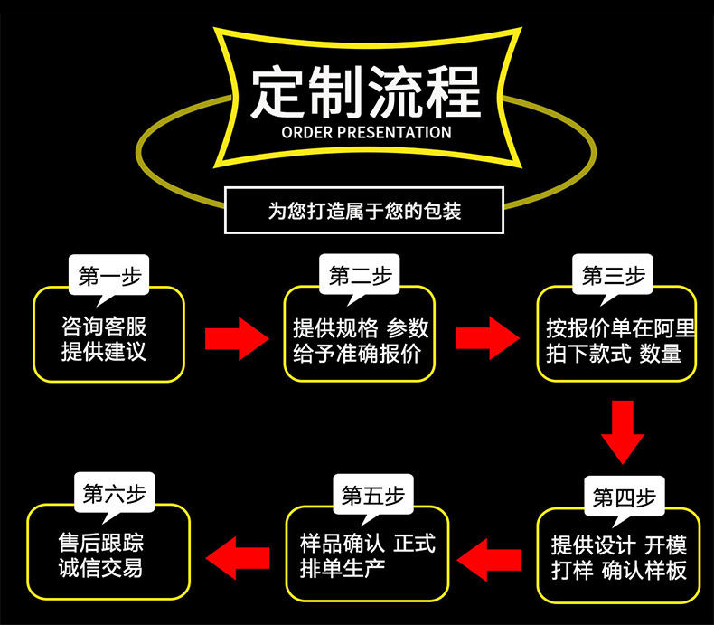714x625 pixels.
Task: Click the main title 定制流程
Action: pos(366,90)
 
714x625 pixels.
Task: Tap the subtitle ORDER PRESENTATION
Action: pos(366,132)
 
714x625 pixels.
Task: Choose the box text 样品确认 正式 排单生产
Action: pos(367,555)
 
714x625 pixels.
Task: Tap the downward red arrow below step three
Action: pos(623,431)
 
